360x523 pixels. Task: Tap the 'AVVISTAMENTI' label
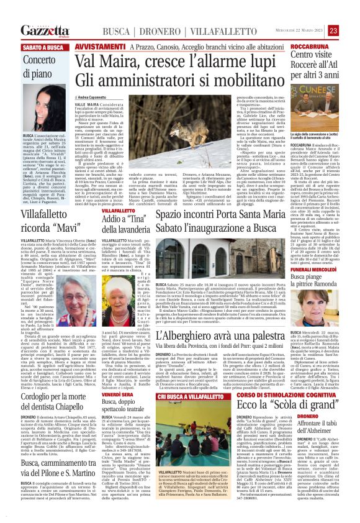(x=99, y=47)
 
